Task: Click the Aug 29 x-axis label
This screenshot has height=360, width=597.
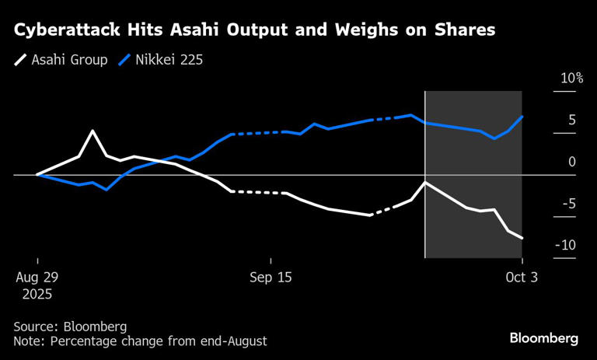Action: click(x=37, y=278)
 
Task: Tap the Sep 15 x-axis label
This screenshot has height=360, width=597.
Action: click(x=270, y=278)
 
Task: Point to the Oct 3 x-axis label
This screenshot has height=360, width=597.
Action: click(x=522, y=278)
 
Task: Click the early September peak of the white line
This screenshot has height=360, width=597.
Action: click(x=93, y=131)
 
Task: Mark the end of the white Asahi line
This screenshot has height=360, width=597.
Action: click(x=522, y=238)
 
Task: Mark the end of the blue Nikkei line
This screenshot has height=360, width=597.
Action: click(x=522, y=117)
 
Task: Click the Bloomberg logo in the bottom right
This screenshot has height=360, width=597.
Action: click(x=544, y=338)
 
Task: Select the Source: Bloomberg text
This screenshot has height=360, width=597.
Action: click(x=70, y=327)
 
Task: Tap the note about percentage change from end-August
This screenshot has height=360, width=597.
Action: click(x=140, y=341)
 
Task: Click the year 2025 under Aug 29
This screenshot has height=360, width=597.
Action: click(x=37, y=295)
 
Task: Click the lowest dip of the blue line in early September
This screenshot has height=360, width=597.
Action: click(x=106, y=189)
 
